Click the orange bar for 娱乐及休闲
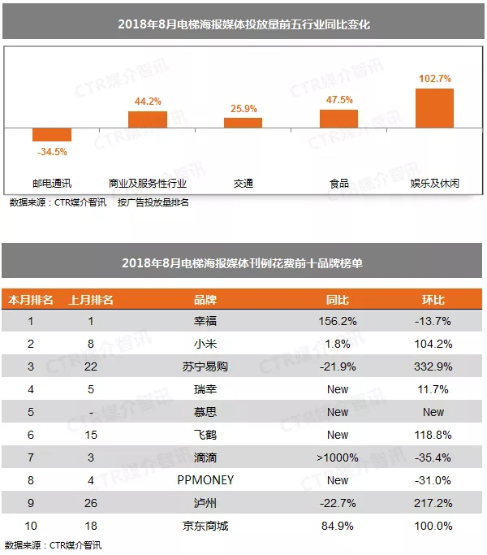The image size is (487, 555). point(434,108)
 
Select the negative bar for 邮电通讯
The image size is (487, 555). point(52,135)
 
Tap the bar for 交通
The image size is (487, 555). point(243,123)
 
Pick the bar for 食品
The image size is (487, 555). point(338,119)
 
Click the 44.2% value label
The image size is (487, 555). point(148,102)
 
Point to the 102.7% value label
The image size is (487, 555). point(434,79)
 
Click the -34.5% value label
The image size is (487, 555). point(52,151)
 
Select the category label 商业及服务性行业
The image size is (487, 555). point(147,184)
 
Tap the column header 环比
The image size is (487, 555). point(433,300)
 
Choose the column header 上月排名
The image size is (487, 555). point(91,300)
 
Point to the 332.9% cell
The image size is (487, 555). point(433,366)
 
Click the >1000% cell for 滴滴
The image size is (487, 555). point(338,457)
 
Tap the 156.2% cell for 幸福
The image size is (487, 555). point(338,321)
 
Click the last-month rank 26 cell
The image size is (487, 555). point(91,503)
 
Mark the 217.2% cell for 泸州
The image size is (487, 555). point(433,503)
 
